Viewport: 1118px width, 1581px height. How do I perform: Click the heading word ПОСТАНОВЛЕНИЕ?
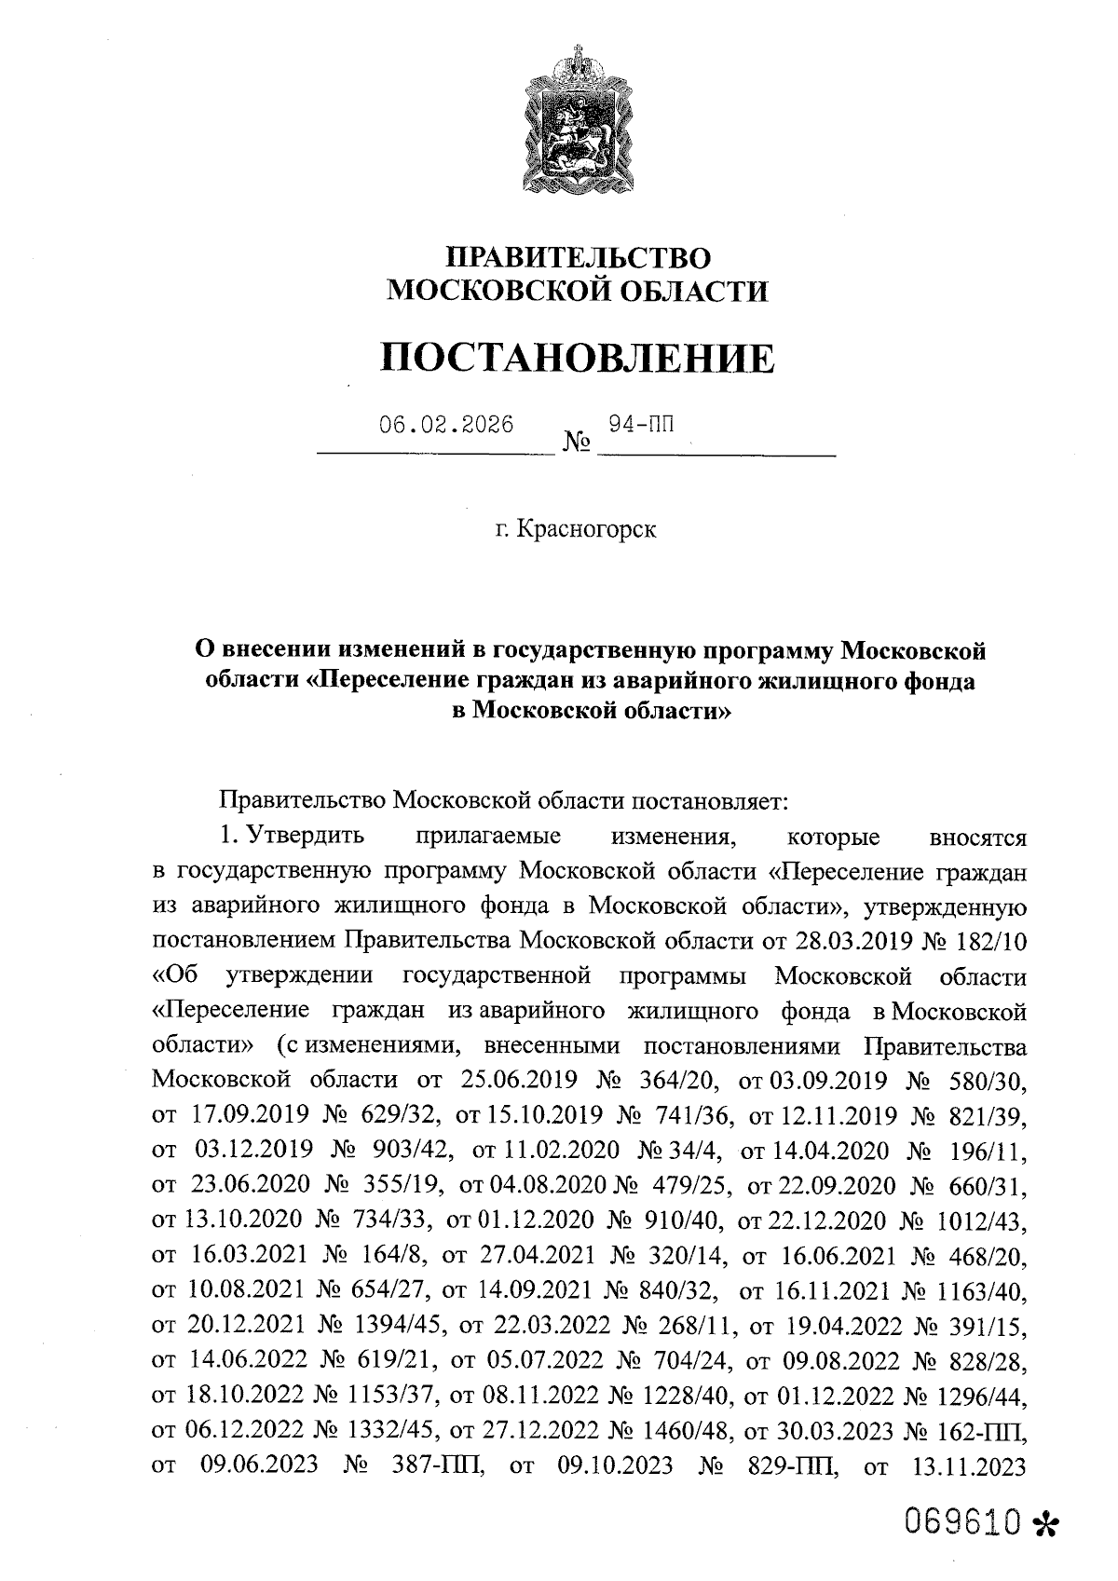[x=579, y=358]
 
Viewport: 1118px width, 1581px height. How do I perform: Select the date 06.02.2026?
[x=446, y=425]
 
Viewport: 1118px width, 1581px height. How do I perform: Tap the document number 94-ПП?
[x=640, y=424]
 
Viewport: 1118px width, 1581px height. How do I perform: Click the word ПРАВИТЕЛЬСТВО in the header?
[x=579, y=256]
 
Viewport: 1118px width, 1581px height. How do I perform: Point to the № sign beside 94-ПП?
[x=578, y=442]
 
